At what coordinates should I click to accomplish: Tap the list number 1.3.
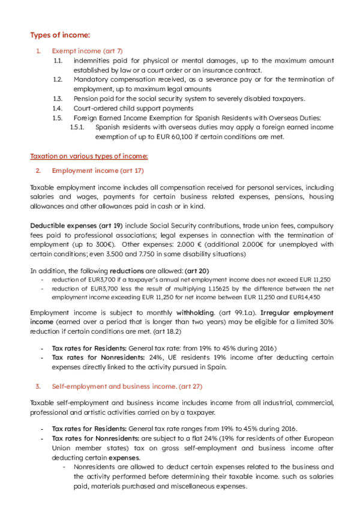tap(58, 98)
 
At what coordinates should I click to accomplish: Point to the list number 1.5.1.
tap(78, 127)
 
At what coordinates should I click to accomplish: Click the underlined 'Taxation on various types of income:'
tap(89, 157)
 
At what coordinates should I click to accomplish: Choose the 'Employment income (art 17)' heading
tap(98, 171)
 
